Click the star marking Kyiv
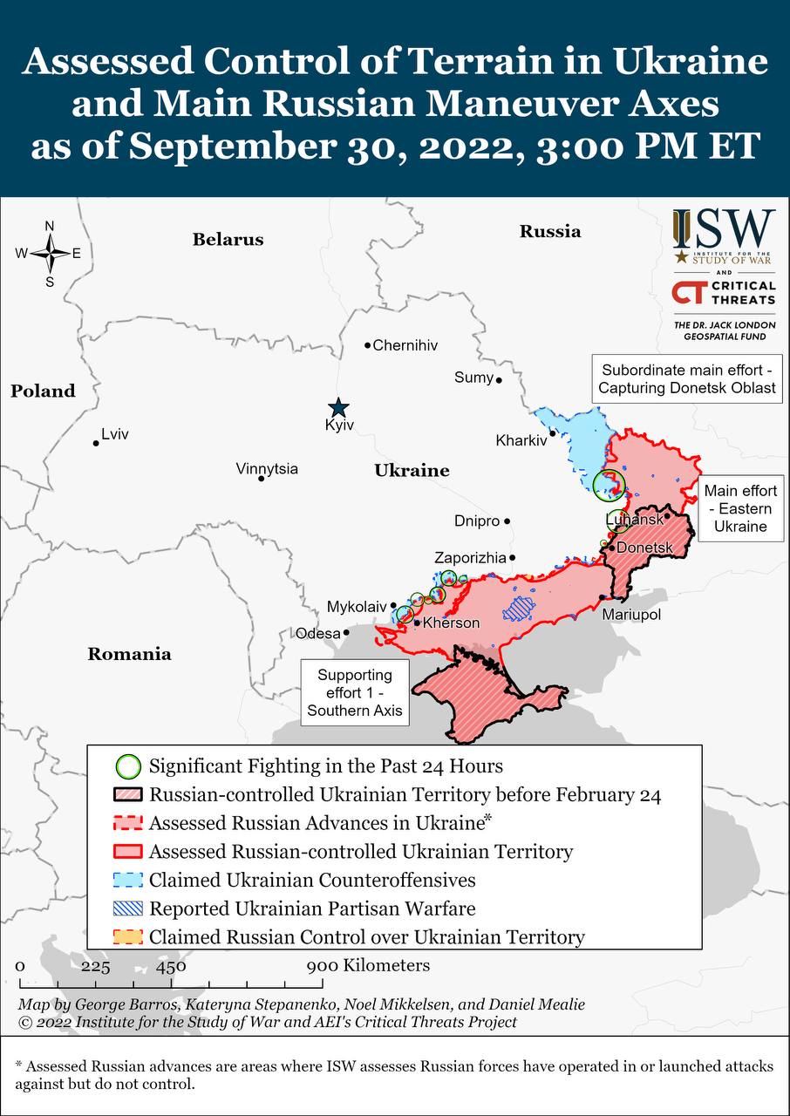click(338, 407)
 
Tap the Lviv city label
click(115, 433)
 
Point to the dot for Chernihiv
click(368, 345)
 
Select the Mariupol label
click(631, 615)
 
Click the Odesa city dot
click(346, 633)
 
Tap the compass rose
click(50, 254)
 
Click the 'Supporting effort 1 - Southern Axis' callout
click(355, 692)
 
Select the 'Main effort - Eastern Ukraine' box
click(740, 508)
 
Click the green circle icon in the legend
click(128, 766)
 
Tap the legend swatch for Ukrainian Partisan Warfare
click(128, 908)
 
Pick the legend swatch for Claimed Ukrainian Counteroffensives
click(128, 880)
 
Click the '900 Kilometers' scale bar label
click(368, 965)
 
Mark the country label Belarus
click(228, 239)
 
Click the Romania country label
click(129, 654)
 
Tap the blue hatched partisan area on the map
click(521, 607)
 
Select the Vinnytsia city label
click(267, 468)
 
